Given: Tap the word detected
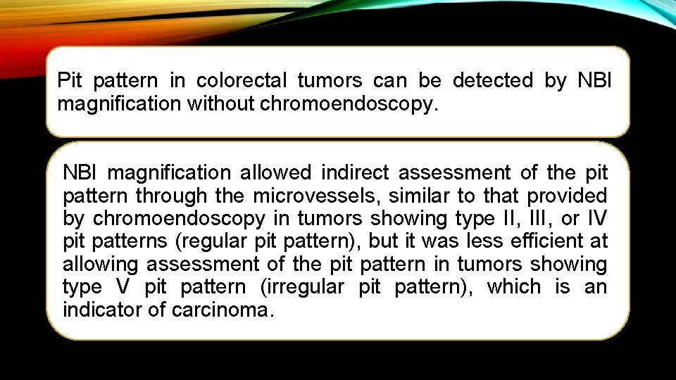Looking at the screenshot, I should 493,81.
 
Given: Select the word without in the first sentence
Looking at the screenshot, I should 222,104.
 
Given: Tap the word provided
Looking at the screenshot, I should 567,195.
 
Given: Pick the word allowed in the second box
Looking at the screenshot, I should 274,172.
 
